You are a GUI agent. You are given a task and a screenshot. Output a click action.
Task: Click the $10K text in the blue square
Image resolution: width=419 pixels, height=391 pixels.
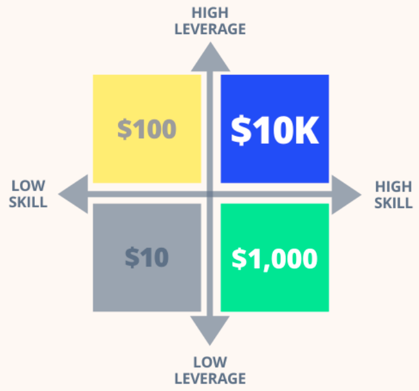coord(275,129)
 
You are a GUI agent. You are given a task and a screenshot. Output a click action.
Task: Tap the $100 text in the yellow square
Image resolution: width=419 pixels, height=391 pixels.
coord(147,129)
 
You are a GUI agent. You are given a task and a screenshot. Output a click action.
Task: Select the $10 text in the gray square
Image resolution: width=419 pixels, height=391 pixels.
coord(147,257)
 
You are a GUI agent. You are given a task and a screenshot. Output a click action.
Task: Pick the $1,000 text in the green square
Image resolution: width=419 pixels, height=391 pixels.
coord(275,258)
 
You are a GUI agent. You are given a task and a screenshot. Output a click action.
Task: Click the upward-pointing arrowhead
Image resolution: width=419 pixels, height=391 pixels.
coord(210,58)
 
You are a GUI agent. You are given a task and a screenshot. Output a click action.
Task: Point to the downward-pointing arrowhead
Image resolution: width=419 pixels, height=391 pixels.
coord(210,330)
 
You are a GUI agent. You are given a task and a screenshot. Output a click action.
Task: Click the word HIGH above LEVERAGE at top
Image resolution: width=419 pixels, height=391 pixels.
coord(210,12)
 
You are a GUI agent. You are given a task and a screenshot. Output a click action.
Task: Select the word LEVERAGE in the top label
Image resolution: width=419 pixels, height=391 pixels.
coord(210,29)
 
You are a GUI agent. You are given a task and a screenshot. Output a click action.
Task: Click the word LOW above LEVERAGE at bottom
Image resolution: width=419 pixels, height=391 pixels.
coord(210,362)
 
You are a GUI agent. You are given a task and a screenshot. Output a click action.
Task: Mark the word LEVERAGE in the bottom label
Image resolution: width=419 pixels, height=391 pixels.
coord(210,378)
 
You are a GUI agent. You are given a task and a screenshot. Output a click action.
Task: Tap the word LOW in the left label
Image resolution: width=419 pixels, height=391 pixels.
coord(29,186)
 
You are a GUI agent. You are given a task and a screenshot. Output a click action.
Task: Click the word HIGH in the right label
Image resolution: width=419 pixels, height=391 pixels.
coord(394,186)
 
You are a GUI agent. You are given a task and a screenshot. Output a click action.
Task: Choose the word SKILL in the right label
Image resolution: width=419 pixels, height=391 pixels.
coord(394,202)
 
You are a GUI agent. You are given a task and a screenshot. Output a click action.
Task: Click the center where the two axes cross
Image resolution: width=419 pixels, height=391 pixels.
coord(210,194)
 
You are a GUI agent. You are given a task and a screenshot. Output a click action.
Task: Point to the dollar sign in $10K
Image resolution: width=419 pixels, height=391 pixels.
coord(240,130)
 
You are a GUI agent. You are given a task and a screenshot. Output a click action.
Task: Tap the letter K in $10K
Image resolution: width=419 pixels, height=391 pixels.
coord(306,129)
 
